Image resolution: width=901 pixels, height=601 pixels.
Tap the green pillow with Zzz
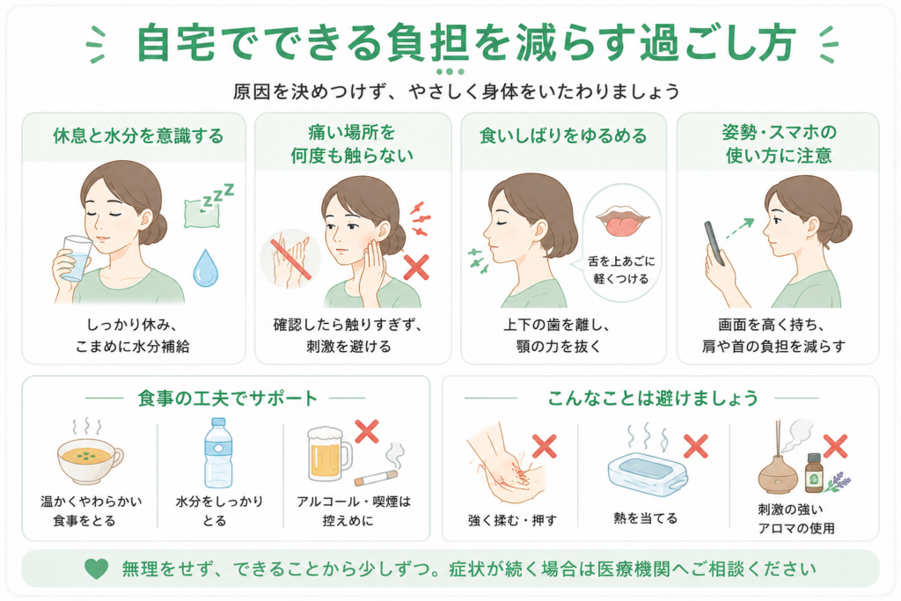(x=202, y=213)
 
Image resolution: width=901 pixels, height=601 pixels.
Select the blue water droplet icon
(x=205, y=268)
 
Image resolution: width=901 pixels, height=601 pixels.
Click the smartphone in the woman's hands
(x=714, y=242)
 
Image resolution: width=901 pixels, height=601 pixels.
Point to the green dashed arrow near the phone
(x=739, y=228)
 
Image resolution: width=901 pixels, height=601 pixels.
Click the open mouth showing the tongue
(x=622, y=221)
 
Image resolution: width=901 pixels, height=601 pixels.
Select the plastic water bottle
(x=218, y=453)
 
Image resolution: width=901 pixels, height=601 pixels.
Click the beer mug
(x=328, y=454)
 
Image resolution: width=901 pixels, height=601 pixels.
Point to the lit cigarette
(x=376, y=478)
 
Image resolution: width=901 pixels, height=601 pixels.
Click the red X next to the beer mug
(x=367, y=431)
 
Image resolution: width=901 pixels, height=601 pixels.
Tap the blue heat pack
(x=647, y=473)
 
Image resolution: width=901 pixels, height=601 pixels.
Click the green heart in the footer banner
(x=96, y=568)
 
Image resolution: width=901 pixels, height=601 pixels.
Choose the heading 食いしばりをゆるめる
(x=563, y=136)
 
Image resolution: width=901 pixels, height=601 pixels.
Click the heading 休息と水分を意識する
(x=138, y=136)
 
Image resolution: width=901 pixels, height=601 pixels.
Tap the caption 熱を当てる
(x=645, y=518)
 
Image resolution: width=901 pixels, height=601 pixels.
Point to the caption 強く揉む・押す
(x=513, y=521)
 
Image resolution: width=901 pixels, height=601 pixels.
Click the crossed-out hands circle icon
(x=290, y=260)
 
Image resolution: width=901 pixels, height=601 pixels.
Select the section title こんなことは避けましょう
(x=653, y=398)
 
